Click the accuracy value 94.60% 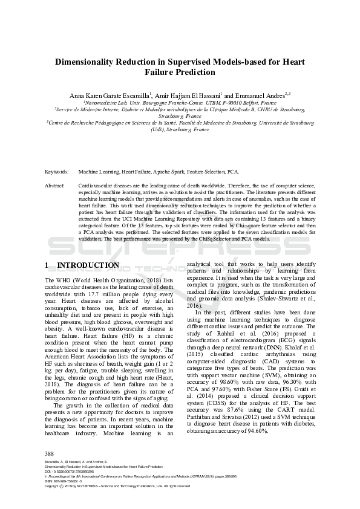tap(252, 431)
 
